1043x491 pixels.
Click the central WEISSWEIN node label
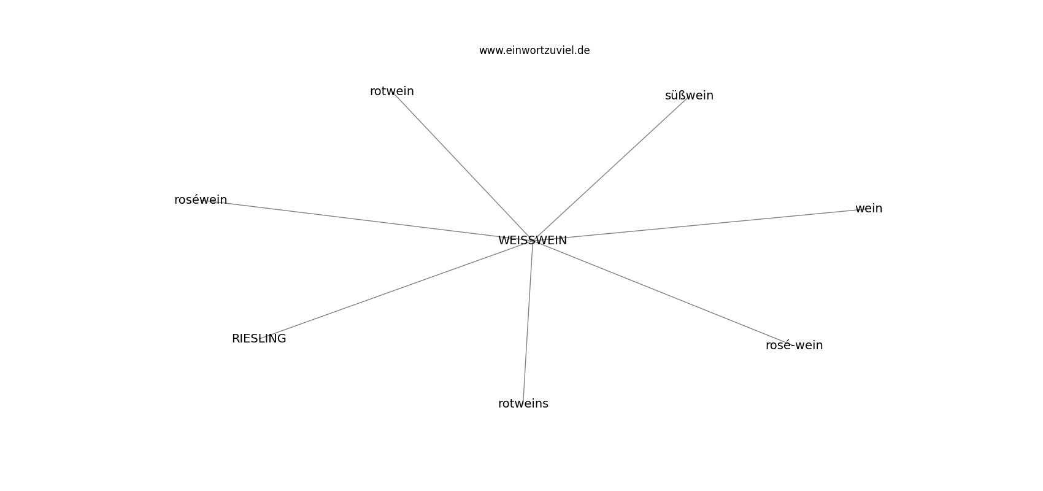[x=532, y=241]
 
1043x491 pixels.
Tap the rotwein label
[x=391, y=91]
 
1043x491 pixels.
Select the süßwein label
[x=689, y=96]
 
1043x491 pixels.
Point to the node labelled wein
[x=869, y=208]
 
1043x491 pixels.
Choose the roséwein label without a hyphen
[x=201, y=200]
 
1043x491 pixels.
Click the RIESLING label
[x=259, y=339]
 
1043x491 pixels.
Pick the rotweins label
[x=523, y=403]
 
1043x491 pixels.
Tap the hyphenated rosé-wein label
[x=795, y=345]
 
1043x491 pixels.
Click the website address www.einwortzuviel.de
[x=534, y=50]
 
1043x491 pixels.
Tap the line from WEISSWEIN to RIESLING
[x=396, y=289]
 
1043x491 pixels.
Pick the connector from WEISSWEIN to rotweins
[x=528, y=322]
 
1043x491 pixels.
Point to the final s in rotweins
[x=545, y=404]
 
